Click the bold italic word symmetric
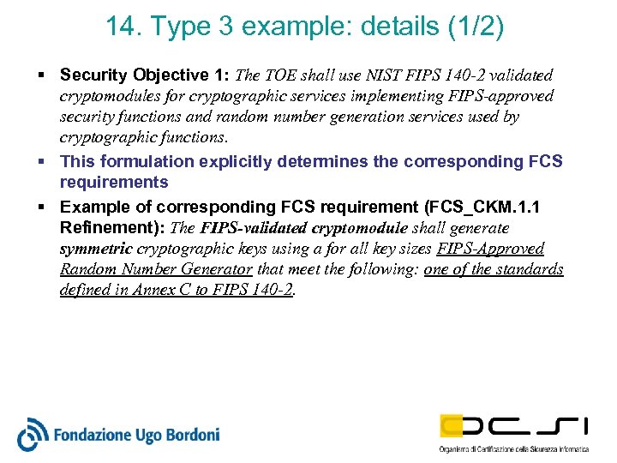coord(95,249)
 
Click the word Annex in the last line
coord(151,290)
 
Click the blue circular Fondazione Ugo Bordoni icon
coord(33,433)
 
